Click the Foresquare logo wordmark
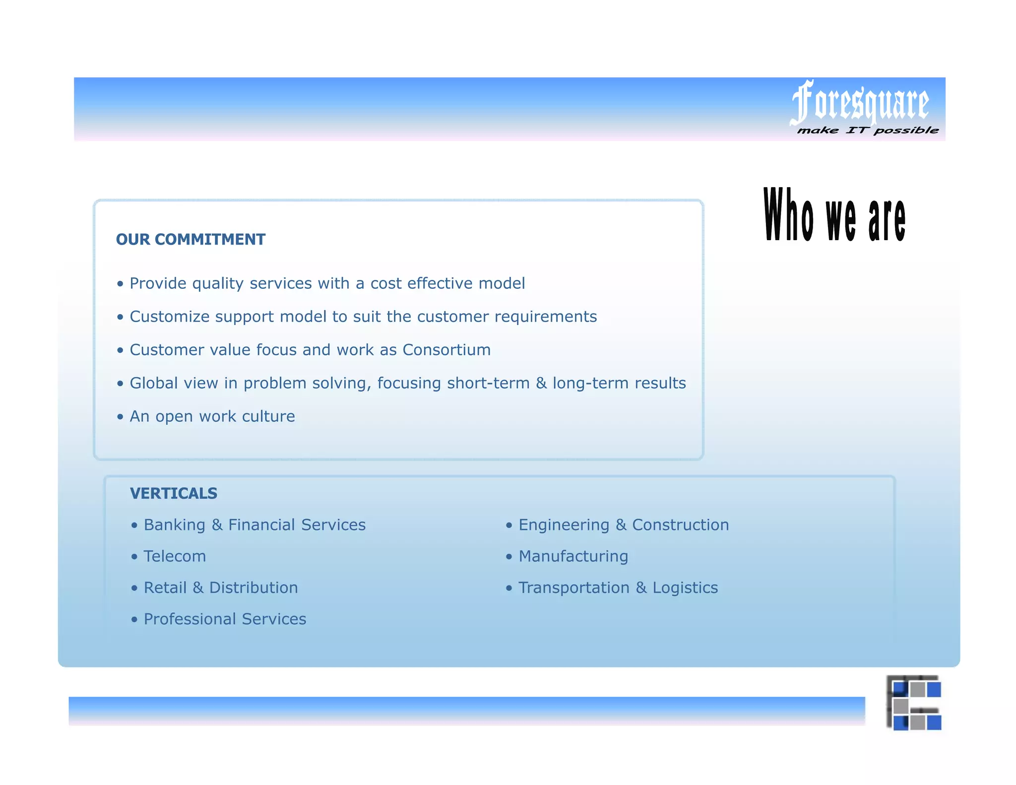(x=860, y=103)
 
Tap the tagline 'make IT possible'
(x=868, y=131)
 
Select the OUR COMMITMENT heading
(x=190, y=239)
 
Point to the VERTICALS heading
(x=174, y=493)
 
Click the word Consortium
(x=446, y=350)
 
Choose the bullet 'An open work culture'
(x=212, y=416)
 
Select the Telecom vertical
(x=175, y=556)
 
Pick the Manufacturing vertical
(x=573, y=556)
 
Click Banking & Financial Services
(x=254, y=525)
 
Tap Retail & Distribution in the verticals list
(x=221, y=588)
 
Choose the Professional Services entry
(x=225, y=619)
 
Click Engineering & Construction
(x=624, y=525)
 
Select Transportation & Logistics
(x=618, y=588)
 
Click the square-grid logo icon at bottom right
(x=914, y=703)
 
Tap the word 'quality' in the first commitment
(x=218, y=284)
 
